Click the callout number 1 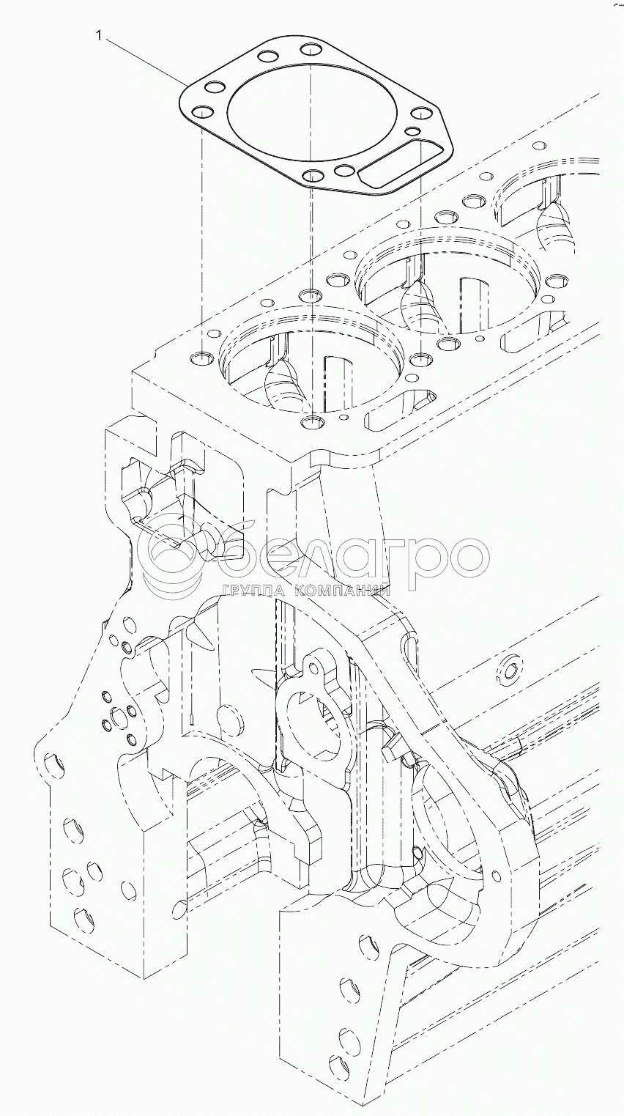(x=96, y=34)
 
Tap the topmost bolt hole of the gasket (x=312, y=51)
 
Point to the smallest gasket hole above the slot (x=412, y=132)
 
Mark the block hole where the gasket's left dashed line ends (x=201, y=359)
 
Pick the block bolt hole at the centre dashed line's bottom (x=313, y=421)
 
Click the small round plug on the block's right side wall (x=508, y=667)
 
